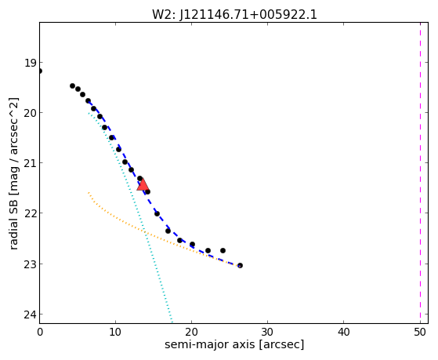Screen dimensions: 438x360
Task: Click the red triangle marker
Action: [x=143, y=184]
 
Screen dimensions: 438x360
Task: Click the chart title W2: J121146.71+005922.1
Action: [x=234, y=15]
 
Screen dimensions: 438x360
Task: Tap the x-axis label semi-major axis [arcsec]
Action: [x=234, y=344]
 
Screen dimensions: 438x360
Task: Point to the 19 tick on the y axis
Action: [x=31, y=63]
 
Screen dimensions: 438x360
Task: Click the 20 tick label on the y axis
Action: [x=31, y=113]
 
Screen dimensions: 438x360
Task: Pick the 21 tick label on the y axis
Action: [x=31, y=163]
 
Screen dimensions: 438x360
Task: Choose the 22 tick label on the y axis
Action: [x=31, y=213]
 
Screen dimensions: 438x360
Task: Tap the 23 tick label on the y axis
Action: [x=31, y=264]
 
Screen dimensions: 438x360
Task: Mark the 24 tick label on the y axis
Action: [x=31, y=315]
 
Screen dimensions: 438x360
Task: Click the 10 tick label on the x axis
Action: [x=115, y=332]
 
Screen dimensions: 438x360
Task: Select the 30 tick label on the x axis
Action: [x=268, y=332]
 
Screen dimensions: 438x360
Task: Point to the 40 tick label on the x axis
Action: [x=344, y=332]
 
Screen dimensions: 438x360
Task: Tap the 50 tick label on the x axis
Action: [x=420, y=332]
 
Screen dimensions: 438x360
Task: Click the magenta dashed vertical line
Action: [x=420, y=173]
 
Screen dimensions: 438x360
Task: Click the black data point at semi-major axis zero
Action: [x=40, y=71]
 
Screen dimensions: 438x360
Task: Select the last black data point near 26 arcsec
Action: [x=240, y=265]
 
